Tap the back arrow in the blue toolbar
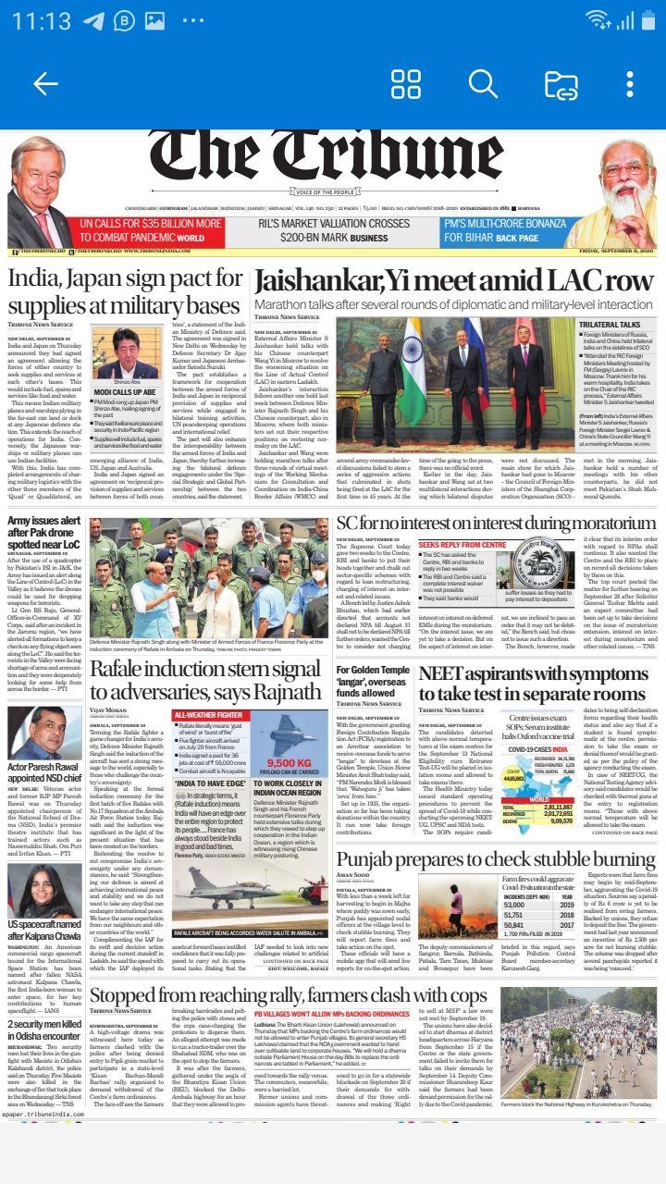45,84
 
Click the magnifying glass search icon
483,84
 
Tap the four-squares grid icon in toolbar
406,84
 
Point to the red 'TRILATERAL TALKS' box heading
610,325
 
